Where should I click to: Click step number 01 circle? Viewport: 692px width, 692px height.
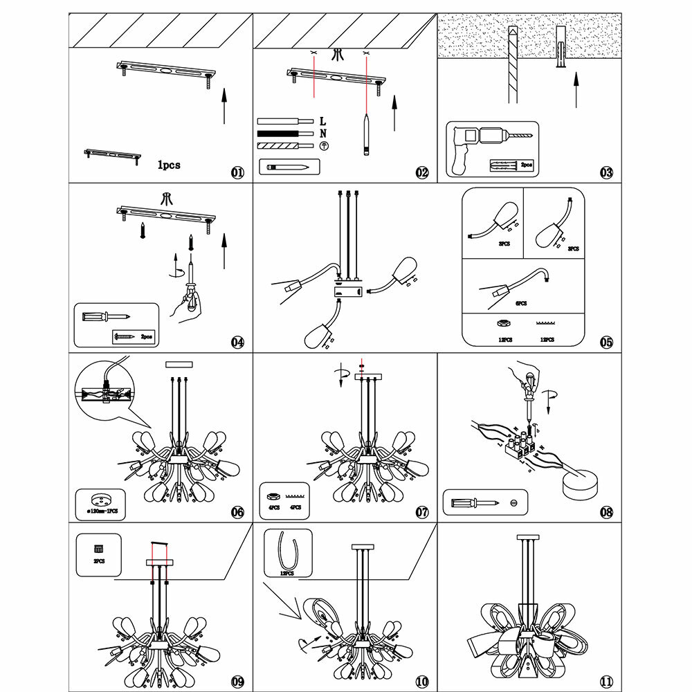click(238, 172)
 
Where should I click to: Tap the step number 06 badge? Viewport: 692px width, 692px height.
click(238, 512)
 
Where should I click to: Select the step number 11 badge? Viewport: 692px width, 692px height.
click(606, 682)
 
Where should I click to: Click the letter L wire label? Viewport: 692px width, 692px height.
click(323, 122)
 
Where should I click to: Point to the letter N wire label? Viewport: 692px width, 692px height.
click(323, 134)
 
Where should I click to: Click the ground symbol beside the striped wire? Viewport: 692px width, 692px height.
click(323, 145)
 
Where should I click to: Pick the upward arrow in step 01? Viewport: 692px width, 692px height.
click(224, 105)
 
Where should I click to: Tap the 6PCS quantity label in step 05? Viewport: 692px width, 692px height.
click(520, 303)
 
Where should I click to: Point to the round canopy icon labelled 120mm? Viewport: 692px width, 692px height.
click(101, 500)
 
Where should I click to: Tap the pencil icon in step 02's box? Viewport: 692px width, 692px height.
click(289, 167)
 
